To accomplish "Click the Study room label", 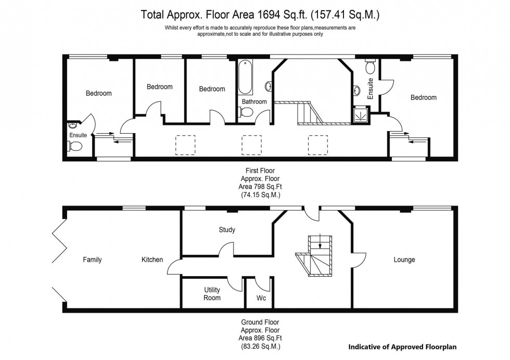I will pyautogui.click(x=227, y=229).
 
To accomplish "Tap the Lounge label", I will pyautogui.click(x=404, y=260).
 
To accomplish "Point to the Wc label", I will pyautogui.click(x=262, y=298).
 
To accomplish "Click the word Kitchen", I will pyautogui.click(x=152, y=260).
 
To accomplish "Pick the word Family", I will pyautogui.click(x=92, y=260).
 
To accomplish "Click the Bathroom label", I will pyautogui.click(x=254, y=102).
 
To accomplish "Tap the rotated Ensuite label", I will pyautogui.click(x=371, y=89).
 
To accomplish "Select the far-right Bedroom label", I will pyautogui.click(x=423, y=97).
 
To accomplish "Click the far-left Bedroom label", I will pyautogui.click(x=98, y=93).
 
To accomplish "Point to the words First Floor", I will pyautogui.click(x=260, y=170).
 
